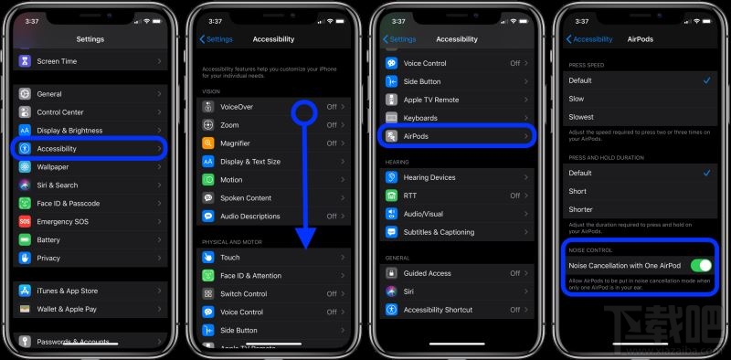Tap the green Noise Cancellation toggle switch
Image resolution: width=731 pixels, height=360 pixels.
pos(701,265)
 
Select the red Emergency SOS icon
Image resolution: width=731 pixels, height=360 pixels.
pos(25,221)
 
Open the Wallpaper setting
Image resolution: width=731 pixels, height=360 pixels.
pos(52,166)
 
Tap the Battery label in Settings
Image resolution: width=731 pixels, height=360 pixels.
pos(48,239)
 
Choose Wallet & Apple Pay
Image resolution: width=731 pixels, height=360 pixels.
pos(67,309)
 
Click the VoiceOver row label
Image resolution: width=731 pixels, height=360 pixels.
pos(237,107)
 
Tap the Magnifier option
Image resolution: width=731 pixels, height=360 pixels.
pos(235,143)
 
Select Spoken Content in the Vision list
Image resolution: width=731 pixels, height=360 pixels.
pos(246,197)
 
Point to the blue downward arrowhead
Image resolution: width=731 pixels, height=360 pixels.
pos(305,238)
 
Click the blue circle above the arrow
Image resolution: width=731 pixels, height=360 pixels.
pos(305,112)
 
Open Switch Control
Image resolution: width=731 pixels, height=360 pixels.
pos(243,293)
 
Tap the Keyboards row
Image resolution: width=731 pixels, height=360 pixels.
pos(420,118)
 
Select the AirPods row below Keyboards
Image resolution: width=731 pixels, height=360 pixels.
pos(416,136)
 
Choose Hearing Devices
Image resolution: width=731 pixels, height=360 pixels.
pos(429,177)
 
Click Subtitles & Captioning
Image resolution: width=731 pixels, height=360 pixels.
pos(439,232)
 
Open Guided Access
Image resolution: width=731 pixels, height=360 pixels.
pos(427,273)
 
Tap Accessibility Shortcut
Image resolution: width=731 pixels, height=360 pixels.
pos(438,310)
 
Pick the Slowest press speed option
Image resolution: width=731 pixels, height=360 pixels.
pos(581,117)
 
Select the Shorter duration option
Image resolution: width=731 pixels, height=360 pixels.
pos(581,209)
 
